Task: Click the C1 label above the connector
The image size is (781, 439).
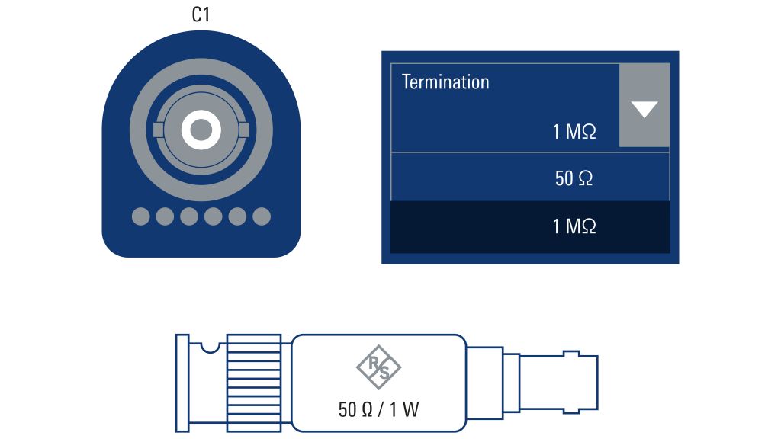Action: [201, 14]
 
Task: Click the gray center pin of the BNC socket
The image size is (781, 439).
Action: [201, 130]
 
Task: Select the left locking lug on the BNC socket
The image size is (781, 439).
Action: [158, 130]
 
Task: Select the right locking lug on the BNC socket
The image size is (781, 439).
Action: [244, 130]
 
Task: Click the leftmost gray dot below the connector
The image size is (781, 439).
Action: [141, 216]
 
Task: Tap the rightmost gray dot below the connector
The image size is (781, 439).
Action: [262, 216]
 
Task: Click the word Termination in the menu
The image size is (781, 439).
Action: [445, 82]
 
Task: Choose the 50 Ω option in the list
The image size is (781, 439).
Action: [574, 178]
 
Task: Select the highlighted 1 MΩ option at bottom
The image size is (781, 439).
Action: [574, 226]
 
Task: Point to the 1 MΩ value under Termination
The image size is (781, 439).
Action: [574, 132]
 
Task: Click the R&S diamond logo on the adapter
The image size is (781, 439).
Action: [378, 367]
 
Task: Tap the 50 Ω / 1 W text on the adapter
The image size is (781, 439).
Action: [378, 409]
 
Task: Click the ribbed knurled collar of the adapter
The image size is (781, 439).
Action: [254, 383]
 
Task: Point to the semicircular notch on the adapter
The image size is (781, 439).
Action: [211, 347]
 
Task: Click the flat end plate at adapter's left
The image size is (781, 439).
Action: [182, 383]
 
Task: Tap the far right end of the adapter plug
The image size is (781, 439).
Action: [596, 383]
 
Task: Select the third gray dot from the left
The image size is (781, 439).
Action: [189, 216]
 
